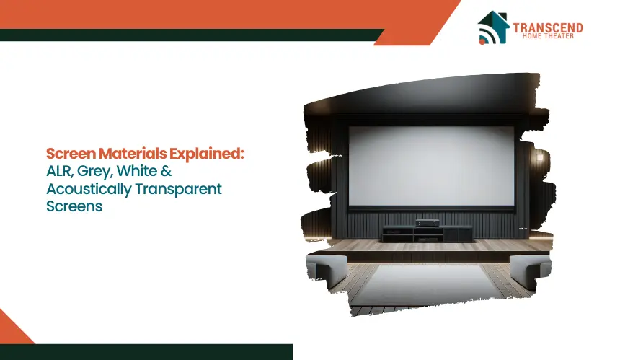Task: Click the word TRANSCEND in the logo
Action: (548, 27)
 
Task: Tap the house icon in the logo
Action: (492, 27)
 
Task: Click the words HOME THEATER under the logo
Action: (548, 36)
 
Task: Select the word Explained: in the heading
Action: (207, 154)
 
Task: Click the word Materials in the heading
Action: (133, 153)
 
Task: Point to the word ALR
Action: (60, 171)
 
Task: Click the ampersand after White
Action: (166, 171)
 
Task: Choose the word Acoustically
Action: (89, 190)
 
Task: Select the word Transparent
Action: (178, 190)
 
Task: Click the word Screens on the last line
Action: (74, 206)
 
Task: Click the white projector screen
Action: (431, 166)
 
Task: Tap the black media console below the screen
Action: (428, 234)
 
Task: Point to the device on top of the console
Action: (427, 223)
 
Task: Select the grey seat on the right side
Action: (530, 271)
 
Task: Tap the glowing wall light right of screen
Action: (540, 157)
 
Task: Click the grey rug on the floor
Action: (428, 285)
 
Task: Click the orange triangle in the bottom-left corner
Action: (14, 328)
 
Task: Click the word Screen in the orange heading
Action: (71, 154)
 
